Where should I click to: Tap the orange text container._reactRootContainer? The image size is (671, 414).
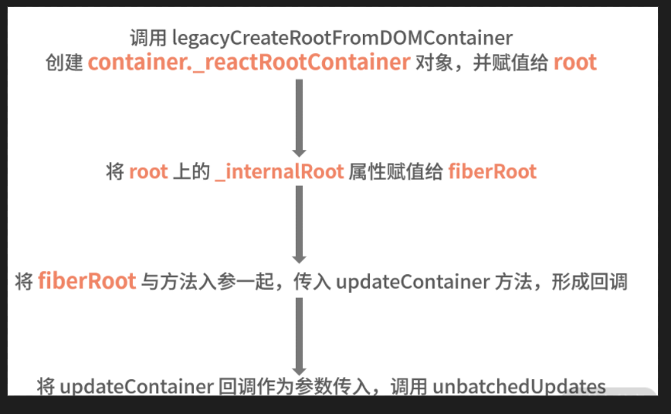click(x=249, y=63)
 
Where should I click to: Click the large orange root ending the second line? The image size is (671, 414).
click(x=575, y=63)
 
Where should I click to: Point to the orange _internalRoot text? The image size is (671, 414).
click(x=280, y=171)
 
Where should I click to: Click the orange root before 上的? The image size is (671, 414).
click(x=148, y=171)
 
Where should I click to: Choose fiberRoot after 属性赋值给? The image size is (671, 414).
click(x=492, y=171)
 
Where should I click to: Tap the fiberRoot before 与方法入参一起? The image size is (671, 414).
click(x=87, y=281)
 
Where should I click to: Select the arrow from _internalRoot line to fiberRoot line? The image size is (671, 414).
click(x=299, y=224)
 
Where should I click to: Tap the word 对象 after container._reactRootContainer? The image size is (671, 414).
click(x=432, y=63)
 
